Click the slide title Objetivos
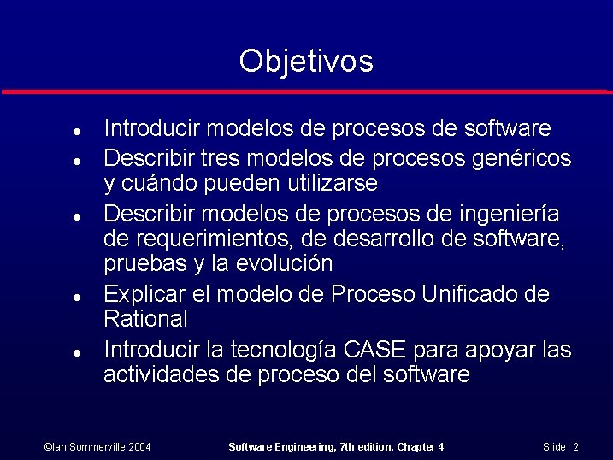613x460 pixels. point(306,62)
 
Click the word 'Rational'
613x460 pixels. point(145,320)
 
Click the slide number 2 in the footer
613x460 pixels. point(576,447)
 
